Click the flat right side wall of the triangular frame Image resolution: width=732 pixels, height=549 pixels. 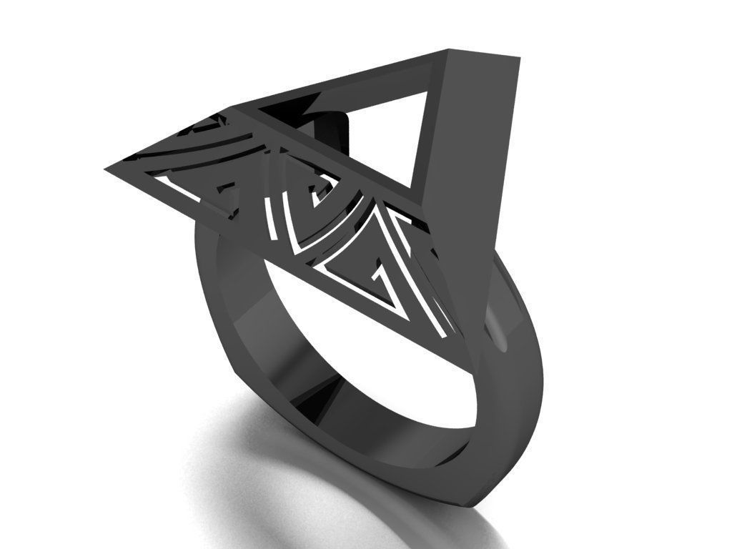[x=475, y=179]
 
